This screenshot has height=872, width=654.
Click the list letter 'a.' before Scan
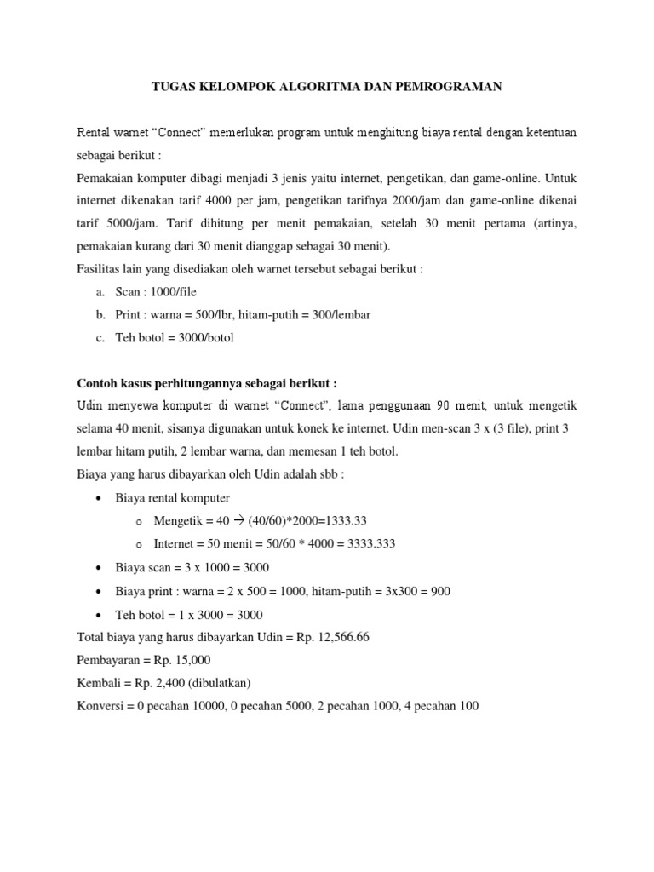pos(100,292)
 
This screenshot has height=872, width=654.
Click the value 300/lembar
pos(342,314)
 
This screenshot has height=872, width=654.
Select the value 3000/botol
pos(204,337)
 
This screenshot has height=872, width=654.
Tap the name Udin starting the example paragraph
pos(91,404)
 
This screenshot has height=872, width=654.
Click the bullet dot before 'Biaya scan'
pos(101,567)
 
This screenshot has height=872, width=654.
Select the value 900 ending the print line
pos(440,591)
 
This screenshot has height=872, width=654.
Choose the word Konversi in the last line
pos(101,706)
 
